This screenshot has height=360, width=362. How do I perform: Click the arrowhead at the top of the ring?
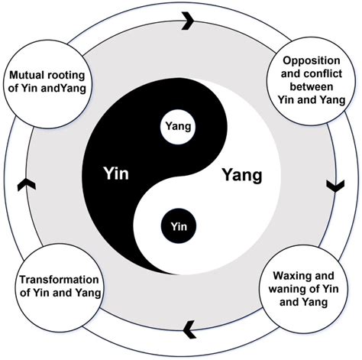coord(186,22)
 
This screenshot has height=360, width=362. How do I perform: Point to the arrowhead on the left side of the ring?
coord(23,184)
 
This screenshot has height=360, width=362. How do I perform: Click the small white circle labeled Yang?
coord(177,122)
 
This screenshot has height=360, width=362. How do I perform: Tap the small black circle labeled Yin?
coord(176,225)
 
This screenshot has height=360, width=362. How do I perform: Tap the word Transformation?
coord(49,281)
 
